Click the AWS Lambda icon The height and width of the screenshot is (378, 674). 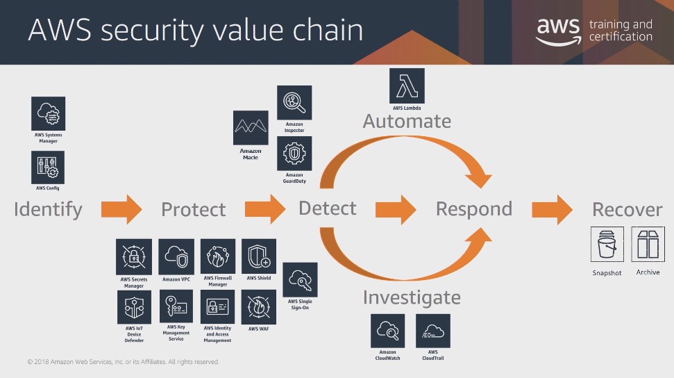tap(407, 85)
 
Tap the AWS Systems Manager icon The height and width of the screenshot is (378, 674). tap(48, 113)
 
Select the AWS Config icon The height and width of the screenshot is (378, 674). tap(48, 167)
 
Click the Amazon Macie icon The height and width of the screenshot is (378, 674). tap(251, 128)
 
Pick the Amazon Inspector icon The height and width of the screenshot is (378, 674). tap(294, 102)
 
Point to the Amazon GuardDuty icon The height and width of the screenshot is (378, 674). tap(294, 154)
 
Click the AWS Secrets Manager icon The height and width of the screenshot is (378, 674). tap(134, 256)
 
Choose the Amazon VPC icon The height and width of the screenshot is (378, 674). tap(176, 256)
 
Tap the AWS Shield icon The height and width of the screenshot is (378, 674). tap(259, 256)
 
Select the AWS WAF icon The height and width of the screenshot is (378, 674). tap(258, 307)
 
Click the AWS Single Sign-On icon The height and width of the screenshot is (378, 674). tap(300, 280)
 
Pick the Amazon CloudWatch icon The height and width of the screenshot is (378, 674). tap(388, 331)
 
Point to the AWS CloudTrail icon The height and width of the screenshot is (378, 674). tap(433, 331)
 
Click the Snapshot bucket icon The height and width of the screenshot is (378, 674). tap(607, 244)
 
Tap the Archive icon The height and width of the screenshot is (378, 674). tap(648, 244)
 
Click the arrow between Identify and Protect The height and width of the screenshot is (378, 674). tap(121, 209)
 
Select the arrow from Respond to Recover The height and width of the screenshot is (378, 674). tap(553, 209)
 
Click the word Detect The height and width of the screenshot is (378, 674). tap(328, 208)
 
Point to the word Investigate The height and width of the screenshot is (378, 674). tap(412, 298)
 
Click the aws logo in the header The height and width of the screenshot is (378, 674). tap(558, 31)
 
